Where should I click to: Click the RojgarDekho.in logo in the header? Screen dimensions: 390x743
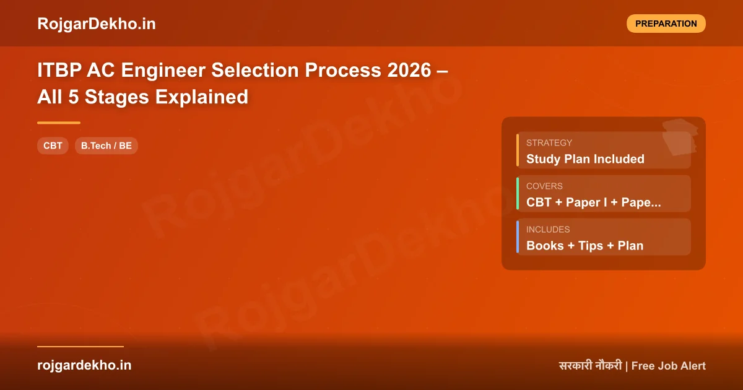(97, 24)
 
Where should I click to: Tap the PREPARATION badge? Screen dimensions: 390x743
(666, 24)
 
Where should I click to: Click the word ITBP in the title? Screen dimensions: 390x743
(59, 71)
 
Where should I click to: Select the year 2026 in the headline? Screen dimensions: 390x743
(409, 71)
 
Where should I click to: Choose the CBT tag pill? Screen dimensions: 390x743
(53, 146)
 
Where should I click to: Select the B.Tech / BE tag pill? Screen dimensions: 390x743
(106, 146)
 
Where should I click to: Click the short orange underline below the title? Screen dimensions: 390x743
(59, 123)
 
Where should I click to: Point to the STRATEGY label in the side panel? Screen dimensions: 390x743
(549, 142)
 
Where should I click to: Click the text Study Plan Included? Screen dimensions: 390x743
(585, 159)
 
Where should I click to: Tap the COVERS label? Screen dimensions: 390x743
(544, 186)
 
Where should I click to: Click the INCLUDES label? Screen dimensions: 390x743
(548, 229)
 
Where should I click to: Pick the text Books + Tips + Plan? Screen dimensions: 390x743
(584, 246)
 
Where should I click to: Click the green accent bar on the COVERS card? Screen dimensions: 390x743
(518, 193)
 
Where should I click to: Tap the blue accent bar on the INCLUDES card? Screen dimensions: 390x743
(518, 236)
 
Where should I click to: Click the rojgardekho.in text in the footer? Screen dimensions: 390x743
(84, 365)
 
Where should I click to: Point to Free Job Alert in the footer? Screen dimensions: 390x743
(669, 366)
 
